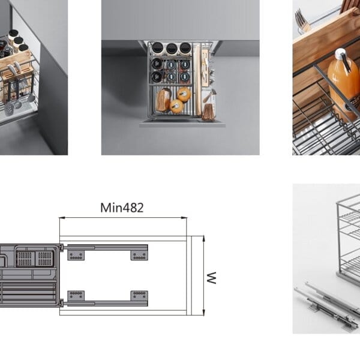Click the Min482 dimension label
122,208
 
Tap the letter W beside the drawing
211,278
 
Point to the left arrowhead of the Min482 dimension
62,217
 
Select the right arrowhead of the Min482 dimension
184,217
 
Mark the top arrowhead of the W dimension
203,238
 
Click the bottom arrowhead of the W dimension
203,312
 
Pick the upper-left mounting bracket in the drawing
76,256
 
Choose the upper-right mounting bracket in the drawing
139,256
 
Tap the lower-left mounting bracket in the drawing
76,296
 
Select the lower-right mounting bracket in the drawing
139,296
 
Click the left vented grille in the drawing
25,259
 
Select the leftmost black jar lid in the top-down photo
157,48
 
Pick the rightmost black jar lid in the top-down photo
185,48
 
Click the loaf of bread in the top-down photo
163,100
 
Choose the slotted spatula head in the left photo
9,108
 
